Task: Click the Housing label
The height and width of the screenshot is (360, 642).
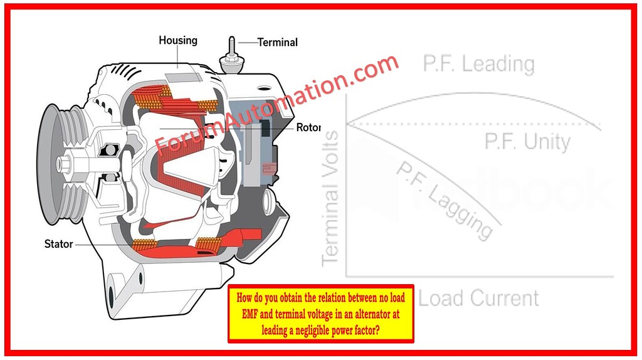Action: tap(178, 41)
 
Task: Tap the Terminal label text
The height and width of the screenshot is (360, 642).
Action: tap(277, 43)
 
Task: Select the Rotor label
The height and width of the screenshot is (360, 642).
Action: tap(308, 128)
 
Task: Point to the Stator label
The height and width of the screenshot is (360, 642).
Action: tap(59, 244)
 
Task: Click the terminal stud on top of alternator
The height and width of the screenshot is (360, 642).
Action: tap(231, 54)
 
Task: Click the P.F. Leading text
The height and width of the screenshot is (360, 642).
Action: tap(479, 64)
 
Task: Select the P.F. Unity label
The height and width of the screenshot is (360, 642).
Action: tap(527, 142)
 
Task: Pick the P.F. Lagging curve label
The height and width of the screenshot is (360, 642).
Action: tap(444, 200)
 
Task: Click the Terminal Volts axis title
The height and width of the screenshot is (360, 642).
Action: tap(330, 197)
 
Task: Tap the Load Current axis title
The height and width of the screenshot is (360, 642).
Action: tap(478, 298)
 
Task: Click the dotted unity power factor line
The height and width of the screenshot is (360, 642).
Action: tap(470, 125)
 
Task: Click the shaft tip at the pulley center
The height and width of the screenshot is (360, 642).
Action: tap(60, 164)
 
